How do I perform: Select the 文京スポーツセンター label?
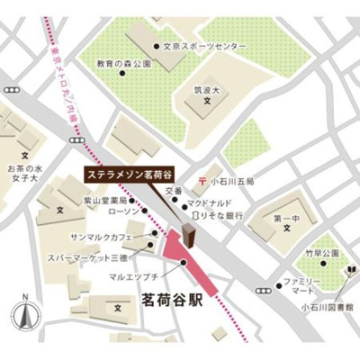coord(205,45)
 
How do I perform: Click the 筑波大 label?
coord(207,90)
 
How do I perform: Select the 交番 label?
coord(174,191)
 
